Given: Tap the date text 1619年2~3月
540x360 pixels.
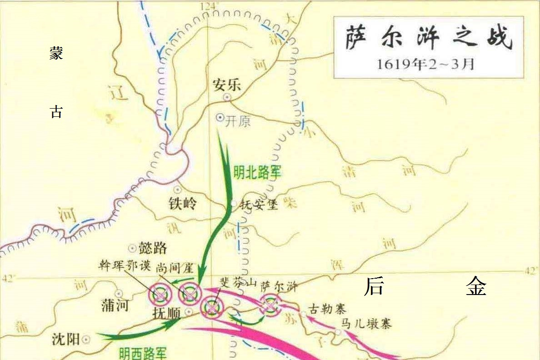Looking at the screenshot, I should (x=425, y=64).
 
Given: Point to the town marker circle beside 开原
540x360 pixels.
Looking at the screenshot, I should (x=220, y=117).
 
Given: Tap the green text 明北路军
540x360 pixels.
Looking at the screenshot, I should (x=257, y=172).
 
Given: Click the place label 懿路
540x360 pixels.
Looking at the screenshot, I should (x=153, y=248).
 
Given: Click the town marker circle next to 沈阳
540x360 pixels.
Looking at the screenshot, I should (x=86, y=339).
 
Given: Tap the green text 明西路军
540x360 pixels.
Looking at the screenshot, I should (x=143, y=353).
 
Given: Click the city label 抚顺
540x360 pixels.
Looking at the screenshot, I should (x=168, y=313).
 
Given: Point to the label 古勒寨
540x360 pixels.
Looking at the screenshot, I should (x=327, y=310).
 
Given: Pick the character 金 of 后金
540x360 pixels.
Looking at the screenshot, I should (x=476, y=286).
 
